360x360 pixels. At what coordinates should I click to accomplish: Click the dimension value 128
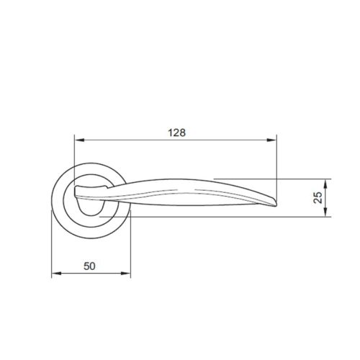click(x=176, y=132)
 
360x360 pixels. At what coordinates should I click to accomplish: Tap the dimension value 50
click(x=89, y=266)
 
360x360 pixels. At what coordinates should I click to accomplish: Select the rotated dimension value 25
click(x=318, y=197)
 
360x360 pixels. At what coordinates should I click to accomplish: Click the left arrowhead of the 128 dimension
click(x=79, y=140)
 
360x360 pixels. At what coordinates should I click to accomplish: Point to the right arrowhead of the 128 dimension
click(x=272, y=140)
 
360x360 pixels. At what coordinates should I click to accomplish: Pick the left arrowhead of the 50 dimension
click(x=57, y=274)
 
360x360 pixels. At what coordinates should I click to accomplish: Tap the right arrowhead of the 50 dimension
click(x=125, y=274)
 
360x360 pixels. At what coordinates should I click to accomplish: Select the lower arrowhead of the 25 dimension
click(x=325, y=212)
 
